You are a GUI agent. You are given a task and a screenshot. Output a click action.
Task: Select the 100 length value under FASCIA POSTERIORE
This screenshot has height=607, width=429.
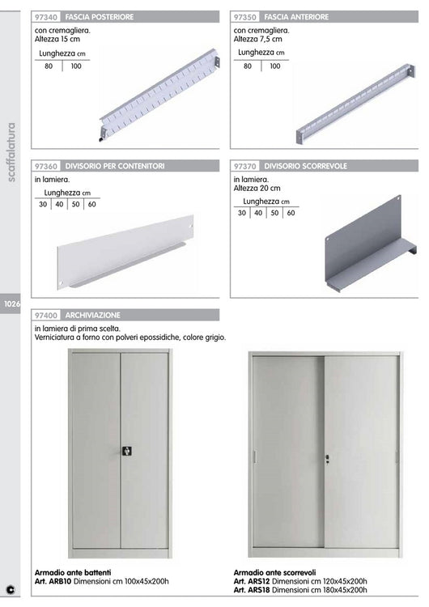pyautogui.click(x=76, y=66)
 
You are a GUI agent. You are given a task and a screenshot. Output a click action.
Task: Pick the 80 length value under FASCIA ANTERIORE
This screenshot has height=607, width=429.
pyautogui.click(x=248, y=66)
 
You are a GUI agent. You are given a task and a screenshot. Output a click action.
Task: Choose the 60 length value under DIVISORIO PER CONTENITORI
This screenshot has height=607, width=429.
pyautogui.click(x=91, y=204)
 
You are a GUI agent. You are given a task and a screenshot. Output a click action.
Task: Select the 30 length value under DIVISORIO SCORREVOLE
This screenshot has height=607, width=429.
pyautogui.click(x=242, y=213)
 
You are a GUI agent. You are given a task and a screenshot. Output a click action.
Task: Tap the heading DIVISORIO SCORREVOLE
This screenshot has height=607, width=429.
pyautogui.click(x=306, y=165)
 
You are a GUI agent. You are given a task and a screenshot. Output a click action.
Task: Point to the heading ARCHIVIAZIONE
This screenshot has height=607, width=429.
pyautogui.click(x=93, y=314)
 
